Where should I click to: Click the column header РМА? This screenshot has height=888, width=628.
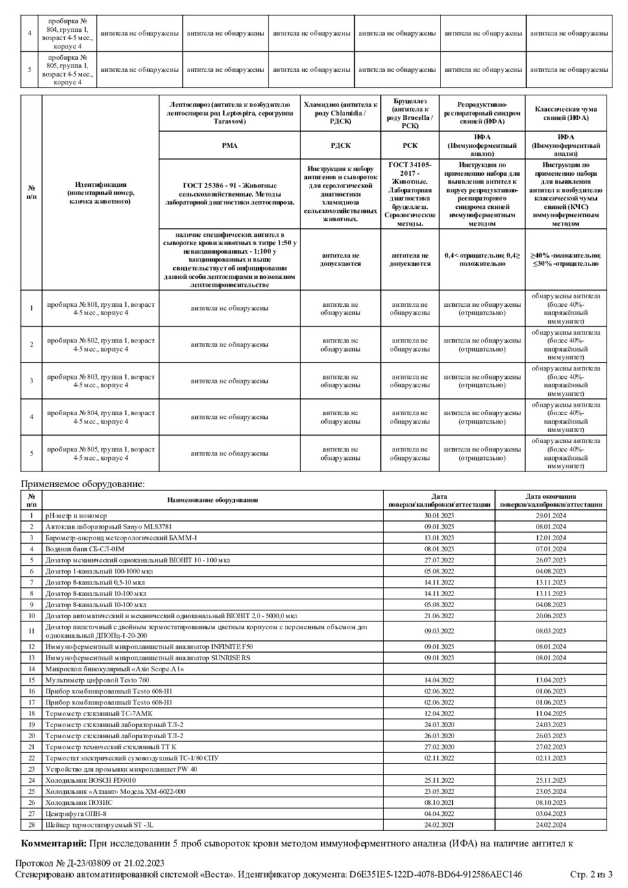[x=230, y=146]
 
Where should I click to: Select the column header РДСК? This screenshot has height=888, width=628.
[x=341, y=146]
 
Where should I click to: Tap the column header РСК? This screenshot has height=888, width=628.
[x=410, y=146]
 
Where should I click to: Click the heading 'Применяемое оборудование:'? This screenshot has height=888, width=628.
[x=83, y=484]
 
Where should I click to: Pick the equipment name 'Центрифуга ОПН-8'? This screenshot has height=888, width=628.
[x=76, y=813]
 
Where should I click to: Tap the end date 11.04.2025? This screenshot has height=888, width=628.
[x=551, y=714]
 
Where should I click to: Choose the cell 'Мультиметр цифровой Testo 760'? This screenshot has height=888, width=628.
[x=97, y=680]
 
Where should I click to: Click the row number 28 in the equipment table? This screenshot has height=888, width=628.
[x=31, y=825]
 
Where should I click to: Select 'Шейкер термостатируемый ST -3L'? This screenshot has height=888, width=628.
[x=99, y=825]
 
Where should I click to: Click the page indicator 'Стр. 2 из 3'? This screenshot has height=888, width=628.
[x=591, y=874]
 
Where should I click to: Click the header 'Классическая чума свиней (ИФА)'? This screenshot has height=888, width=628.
[x=566, y=114]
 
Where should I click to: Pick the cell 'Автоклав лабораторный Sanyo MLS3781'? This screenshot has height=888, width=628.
[x=108, y=527]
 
